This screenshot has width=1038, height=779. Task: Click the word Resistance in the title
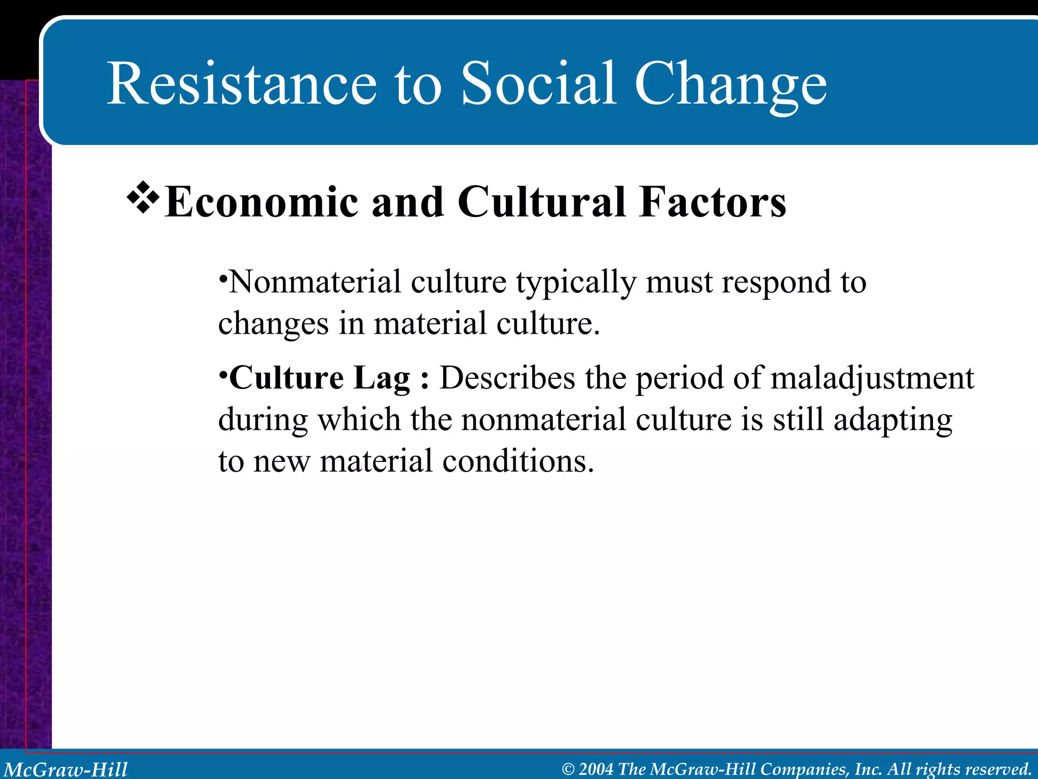tap(242, 84)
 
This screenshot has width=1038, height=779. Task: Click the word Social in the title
tap(538, 84)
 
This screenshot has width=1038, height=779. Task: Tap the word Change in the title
tap(730, 86)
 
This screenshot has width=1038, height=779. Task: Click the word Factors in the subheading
tap(712, 202)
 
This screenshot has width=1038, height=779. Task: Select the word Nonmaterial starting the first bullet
tap(315, 282)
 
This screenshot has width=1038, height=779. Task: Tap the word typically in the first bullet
tap(576, 283)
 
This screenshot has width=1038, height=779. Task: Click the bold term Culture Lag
tap(319, 378)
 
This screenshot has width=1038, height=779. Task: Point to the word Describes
tap(507, 378)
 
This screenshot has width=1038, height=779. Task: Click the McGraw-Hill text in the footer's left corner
tap(66, 769)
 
